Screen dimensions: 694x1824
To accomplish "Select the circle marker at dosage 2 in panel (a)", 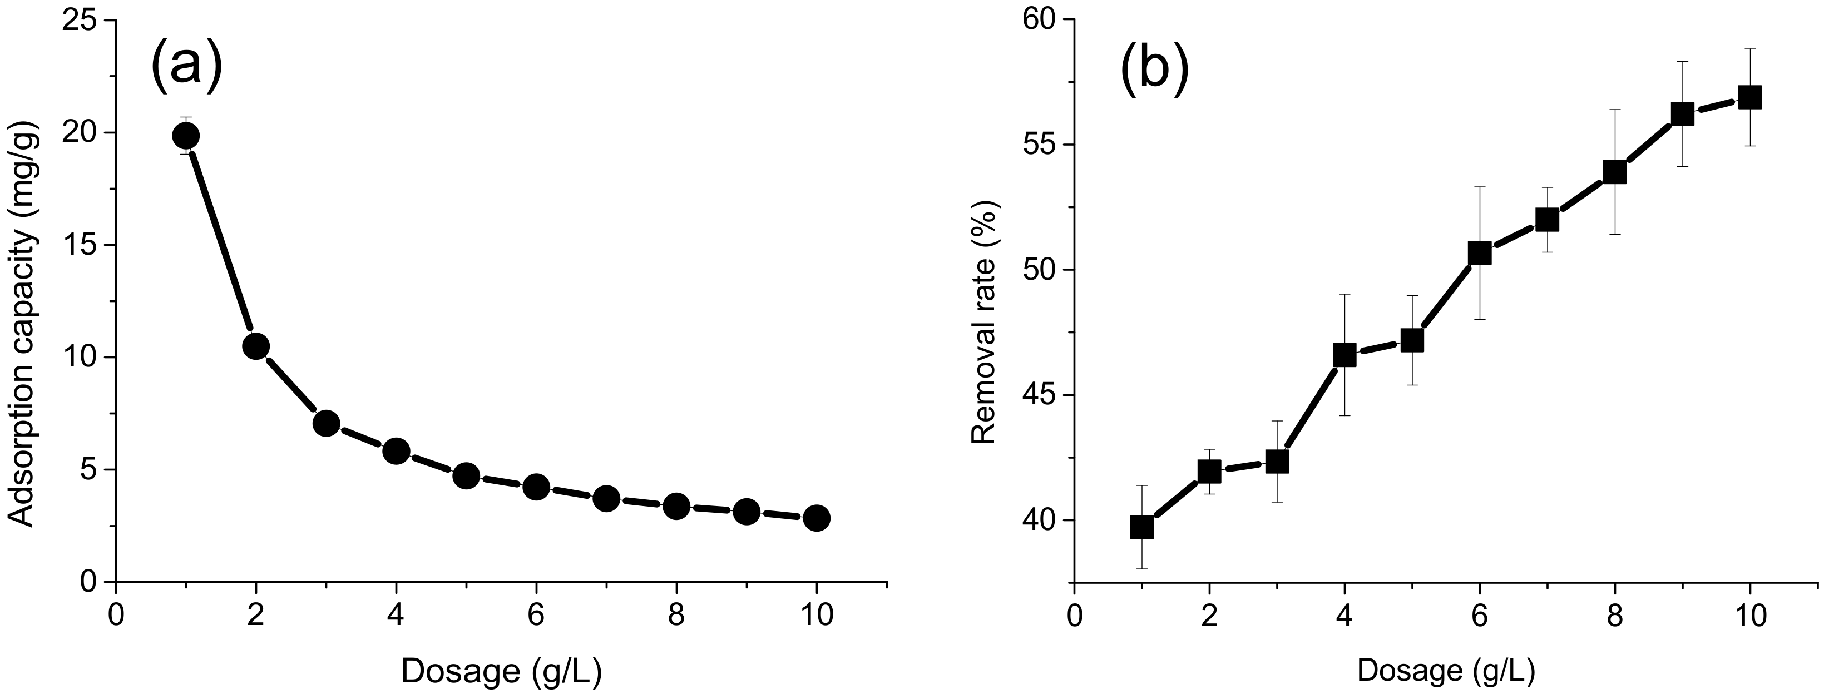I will (x=256, y=346).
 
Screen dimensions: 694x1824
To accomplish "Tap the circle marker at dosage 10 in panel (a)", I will (x=817, y=518).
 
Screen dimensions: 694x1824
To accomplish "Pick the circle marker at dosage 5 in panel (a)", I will (x=466, y=476).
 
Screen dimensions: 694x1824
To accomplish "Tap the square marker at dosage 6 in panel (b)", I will (x=1479, y=253).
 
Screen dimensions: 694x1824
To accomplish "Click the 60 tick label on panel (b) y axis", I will (x=1038, y=21).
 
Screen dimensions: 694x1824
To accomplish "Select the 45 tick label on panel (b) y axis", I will (x=1038, y=396).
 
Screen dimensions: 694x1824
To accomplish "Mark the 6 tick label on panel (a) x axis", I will (x=536, y=614).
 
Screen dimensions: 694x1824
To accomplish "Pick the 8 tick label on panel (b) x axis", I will (x=1614, y=614).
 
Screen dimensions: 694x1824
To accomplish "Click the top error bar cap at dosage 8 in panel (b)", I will (x=1614, y=110).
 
